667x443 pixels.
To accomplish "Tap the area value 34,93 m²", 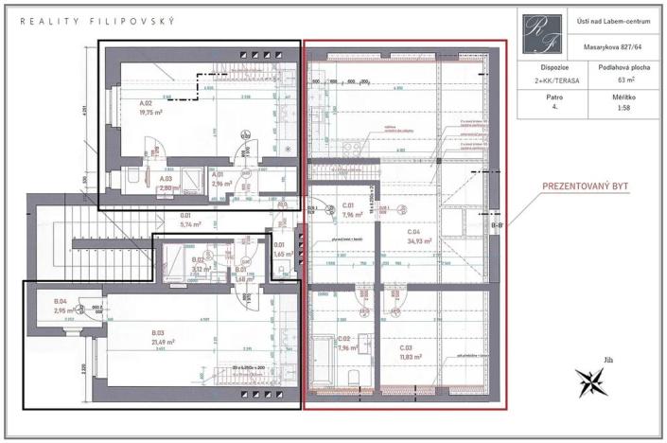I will tap(419, 241).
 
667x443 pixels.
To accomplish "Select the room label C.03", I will tap(410, 348).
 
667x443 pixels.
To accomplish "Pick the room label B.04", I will tap(62, 302).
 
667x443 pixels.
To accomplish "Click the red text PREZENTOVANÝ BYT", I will tap(581, 187).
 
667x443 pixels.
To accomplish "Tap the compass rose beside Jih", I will tap(593, 381).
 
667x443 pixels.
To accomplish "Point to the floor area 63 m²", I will tap(616, 81).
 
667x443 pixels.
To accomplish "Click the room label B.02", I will tap(199, 258).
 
